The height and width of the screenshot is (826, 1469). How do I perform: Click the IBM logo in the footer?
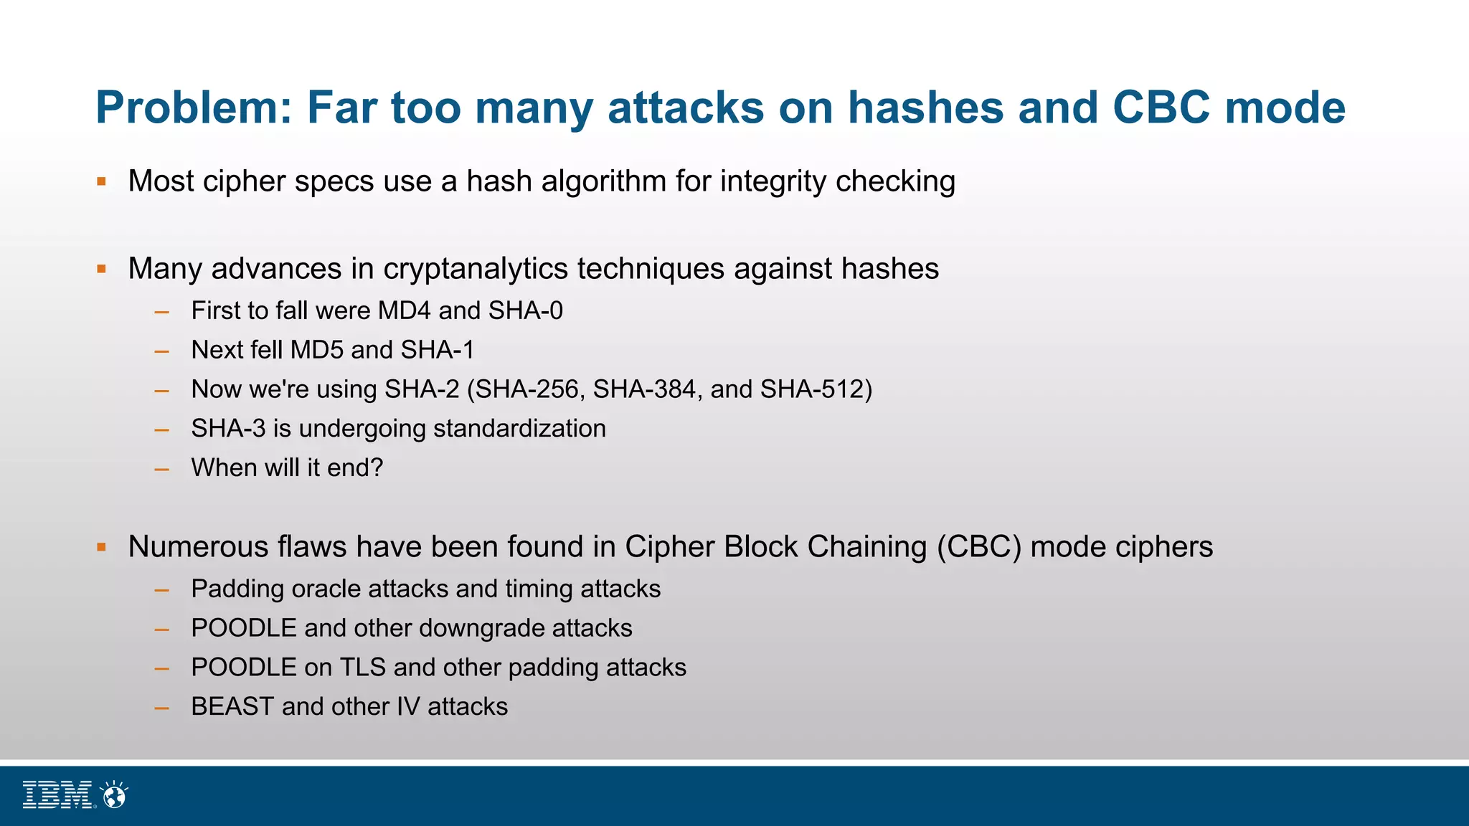coord(57,794)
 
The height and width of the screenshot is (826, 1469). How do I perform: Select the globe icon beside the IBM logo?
coord(114,794)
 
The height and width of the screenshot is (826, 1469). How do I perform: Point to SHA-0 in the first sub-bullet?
coord(525,310)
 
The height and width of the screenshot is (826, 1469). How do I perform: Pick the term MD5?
coord(317,350)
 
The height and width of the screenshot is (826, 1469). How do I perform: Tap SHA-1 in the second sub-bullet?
coord(438,350)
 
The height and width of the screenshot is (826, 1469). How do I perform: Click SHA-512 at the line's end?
coord(812,389)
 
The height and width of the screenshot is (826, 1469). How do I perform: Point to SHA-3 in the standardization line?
coord(228,429)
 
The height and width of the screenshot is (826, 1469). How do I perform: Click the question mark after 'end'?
coord(377,467)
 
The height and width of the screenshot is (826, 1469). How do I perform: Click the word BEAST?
coord(232,707)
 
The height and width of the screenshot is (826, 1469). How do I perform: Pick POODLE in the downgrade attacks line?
coord(244,628)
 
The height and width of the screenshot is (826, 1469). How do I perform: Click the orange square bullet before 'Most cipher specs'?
coord(102,181)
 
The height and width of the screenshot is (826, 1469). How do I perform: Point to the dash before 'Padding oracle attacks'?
coord(162,590)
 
